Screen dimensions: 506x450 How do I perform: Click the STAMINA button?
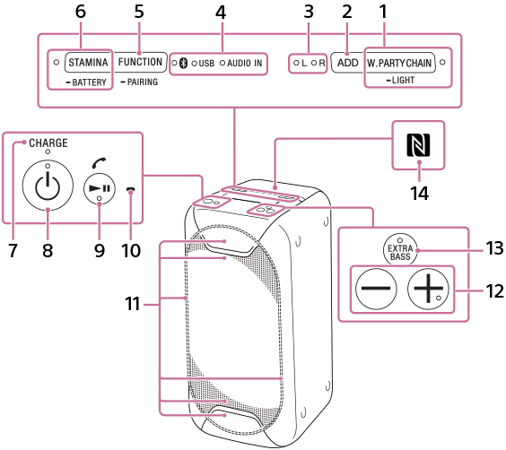(88, 62)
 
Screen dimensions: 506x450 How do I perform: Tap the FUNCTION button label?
(140, 62)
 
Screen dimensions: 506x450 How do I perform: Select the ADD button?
(348, 63)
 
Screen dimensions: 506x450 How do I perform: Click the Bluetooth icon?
(184, 63)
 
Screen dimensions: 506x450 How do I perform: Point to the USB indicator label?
(206, 63)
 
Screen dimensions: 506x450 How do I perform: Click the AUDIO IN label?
(244, 63)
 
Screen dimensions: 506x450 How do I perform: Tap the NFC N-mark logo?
(418, 145)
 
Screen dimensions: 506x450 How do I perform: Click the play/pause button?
(100, 188)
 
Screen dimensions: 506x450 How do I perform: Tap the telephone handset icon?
(99, 163)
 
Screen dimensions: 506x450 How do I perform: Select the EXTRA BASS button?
(400, 250)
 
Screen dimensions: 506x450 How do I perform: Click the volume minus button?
(376, 288)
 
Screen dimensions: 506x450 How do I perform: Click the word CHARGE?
(48, 143)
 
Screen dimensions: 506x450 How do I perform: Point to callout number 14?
(419, 193)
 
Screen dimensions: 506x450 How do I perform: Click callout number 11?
(133, 304)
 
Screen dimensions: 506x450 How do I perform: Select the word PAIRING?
(143, 82)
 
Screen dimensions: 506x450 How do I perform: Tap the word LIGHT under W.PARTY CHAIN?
(403, 80)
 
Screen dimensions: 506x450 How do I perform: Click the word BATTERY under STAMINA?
(89, 82)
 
